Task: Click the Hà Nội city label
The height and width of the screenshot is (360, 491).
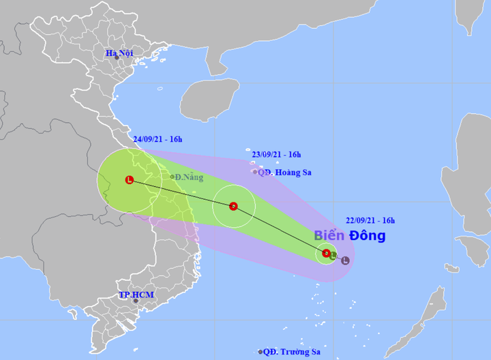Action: [119, 52]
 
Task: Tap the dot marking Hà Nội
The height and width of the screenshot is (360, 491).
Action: [117, 58]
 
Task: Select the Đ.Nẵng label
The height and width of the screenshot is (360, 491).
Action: [189, 177]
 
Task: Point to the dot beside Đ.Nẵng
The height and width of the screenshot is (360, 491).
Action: [172, 177]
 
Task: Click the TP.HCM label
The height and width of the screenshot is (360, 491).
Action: [137, 295]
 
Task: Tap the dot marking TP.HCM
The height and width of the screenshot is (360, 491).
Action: [135, 301]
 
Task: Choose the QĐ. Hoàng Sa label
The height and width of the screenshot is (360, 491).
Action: [282, 172]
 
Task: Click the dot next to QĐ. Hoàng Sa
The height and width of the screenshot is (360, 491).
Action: [255, 172]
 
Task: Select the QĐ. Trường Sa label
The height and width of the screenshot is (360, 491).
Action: [292, 352]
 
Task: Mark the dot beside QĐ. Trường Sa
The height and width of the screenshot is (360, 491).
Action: [261, 352]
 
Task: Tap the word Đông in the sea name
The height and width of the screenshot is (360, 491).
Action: [368, 236]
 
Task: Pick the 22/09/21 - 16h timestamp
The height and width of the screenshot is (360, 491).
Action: [370, 220]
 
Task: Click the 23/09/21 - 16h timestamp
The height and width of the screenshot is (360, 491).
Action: [277, 155]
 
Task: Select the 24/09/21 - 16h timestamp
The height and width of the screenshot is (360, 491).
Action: [158, 139]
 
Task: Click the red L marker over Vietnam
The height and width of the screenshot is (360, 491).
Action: [129, 180]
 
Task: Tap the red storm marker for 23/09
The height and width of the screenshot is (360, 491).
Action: [233, 206]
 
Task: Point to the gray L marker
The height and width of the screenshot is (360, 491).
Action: [345, 260]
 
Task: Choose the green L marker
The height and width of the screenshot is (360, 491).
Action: [333, 256]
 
